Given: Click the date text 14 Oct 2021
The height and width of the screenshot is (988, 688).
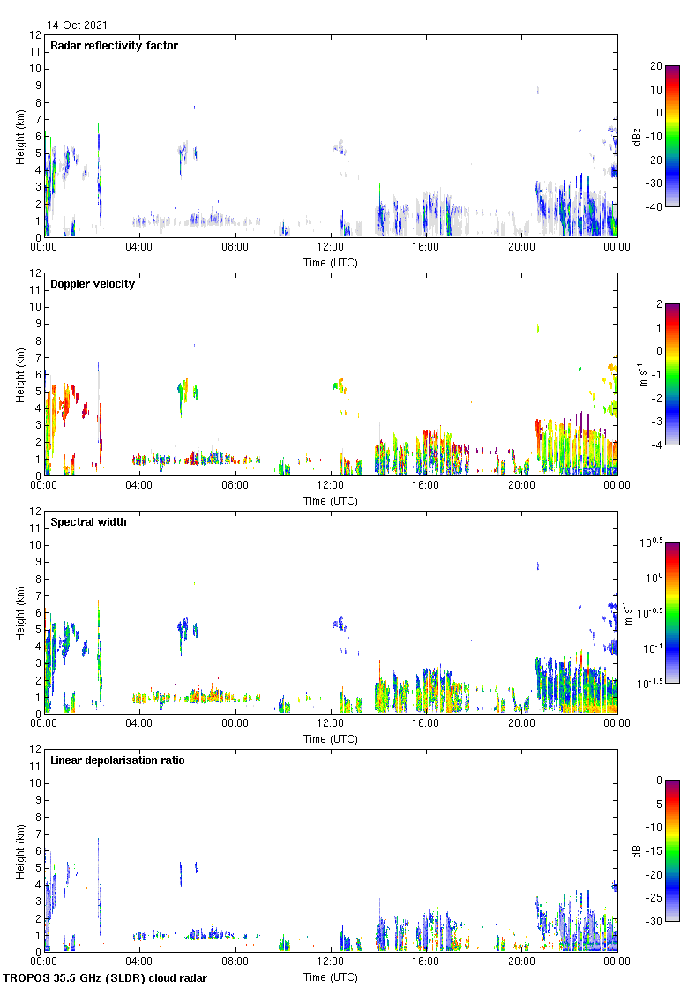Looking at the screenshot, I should click(77, 26).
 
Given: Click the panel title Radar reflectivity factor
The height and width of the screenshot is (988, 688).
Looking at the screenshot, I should click(114, 46).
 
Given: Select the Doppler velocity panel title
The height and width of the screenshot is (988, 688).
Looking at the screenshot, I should click(93, 284).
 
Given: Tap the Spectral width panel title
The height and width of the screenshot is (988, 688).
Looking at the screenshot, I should click(88, 522).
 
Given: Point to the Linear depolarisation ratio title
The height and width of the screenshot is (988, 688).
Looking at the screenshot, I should click(117, 760).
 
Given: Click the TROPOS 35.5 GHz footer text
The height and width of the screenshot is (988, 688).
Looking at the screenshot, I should click(106, 978).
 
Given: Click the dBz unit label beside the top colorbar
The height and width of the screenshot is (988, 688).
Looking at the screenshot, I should click(636, 137).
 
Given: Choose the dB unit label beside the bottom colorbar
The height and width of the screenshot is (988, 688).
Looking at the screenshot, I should click(636, 851).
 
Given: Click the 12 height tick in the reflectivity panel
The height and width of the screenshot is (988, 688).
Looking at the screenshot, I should click(34, 35).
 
